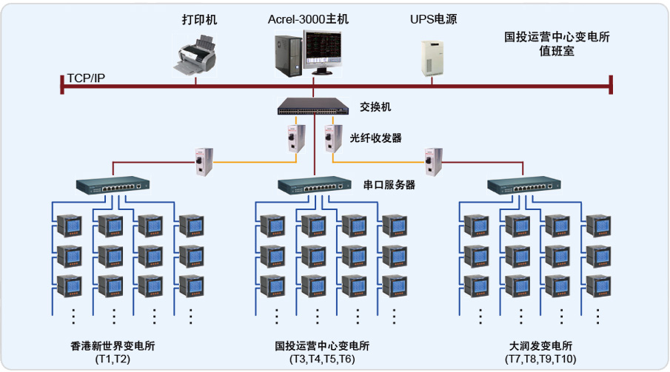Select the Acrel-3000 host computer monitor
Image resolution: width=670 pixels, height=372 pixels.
coord(324,52)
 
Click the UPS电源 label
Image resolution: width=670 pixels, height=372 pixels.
coord(434,20)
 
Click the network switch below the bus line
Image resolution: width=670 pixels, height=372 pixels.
coord(313,106)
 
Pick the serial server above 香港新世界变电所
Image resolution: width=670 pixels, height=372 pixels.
coord(113,184)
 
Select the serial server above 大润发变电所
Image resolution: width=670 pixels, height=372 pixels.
coord(524,184)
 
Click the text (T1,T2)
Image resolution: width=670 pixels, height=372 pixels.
coord(113,359)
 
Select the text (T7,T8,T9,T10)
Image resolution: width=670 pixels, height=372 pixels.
coord(540,359)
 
